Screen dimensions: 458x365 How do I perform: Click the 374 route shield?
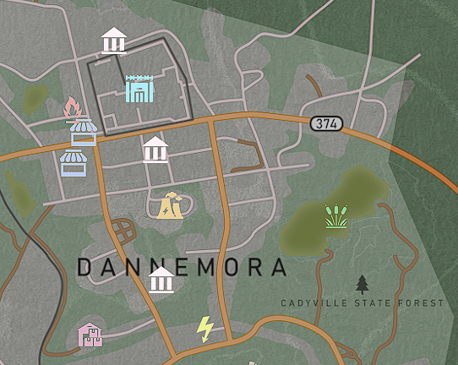[x=327, y=124]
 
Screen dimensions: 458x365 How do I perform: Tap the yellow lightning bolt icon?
[x=204, y=328]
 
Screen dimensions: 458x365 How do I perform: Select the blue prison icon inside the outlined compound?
[x=139, y=89]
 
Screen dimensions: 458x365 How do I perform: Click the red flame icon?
[x=73, y=108]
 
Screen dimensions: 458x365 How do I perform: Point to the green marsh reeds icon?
[x=336, y=216]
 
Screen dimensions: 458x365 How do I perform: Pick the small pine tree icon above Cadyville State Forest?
[x=363, y=284]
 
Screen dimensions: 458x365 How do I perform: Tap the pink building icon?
[x=90, y=335]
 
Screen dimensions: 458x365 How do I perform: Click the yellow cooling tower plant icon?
[x=171, y=205]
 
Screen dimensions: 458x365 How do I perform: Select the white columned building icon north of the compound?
[x=114, y=40]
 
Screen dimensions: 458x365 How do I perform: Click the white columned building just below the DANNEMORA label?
[x=161, y=279]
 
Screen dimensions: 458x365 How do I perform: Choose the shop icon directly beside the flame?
[x=84, y=133]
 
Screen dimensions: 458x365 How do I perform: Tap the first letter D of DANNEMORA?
[x=85, y=268]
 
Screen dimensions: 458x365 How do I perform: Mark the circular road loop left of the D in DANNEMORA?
[x=122, y=230]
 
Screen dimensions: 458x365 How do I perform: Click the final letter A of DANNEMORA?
[x=278, y=268]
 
